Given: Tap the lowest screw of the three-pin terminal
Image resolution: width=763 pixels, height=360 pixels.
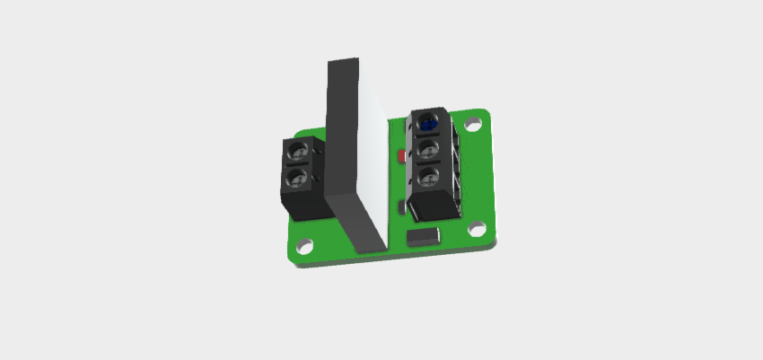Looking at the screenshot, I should (428, 174).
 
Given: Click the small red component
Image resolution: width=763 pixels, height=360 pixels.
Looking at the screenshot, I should (400, 157).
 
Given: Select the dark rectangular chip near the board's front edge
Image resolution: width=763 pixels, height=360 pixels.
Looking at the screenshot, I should (423, 237).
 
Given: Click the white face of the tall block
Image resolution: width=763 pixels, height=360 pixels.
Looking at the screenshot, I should (373, 153).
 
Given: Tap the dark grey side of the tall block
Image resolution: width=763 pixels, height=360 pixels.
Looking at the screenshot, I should (342, 135).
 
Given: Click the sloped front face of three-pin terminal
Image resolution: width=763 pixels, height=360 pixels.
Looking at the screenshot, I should (432, 208).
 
